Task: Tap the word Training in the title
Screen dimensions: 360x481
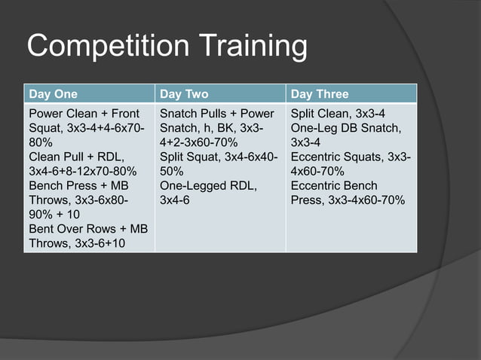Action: pyautogui.click(x=253, y=47)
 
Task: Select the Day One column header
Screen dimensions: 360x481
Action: pyautogui.click(x=53, y=94)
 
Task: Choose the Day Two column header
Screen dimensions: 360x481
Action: pyautogui.click(x=184, y=94)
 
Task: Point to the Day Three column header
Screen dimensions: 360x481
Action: pyautogui.click(x=320, y=94)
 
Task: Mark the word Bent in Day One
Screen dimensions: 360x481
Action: pyautogui.click(x=42, y=228)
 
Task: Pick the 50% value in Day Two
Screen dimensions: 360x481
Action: pyautogui.click(x=173, y=171)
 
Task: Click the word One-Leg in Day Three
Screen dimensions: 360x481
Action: pyautogui.click(x=311, y=128)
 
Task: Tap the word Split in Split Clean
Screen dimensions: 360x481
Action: pyautogui.click(x=304, y=114)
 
